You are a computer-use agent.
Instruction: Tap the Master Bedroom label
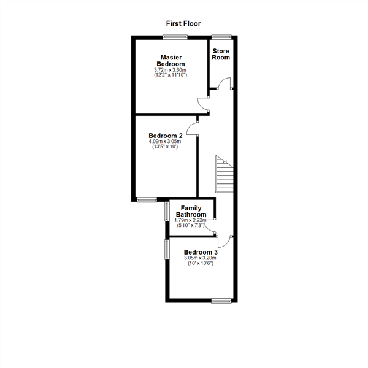point(171,61)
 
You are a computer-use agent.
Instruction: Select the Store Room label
point(221,54)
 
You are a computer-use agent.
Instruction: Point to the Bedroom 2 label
point(166,136)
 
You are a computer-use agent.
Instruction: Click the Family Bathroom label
point(191,212)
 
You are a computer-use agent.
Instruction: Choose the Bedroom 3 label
point(201,252)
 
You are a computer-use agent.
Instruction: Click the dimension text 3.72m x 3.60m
point(171,70)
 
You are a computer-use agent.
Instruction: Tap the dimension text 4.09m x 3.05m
point(165,142)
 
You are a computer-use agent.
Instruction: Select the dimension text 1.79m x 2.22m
point(191,220)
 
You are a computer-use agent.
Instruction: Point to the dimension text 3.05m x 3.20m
point(201,258)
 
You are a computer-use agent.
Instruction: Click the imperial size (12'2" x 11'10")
point(171,75)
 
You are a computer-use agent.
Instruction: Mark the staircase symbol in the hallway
point(224,175)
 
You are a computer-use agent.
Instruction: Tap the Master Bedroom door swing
point(203,104)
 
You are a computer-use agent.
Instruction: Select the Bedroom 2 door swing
point(192,128)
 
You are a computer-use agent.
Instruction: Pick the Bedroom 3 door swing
point(225,241)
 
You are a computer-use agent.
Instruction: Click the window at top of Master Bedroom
point(171,37)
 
